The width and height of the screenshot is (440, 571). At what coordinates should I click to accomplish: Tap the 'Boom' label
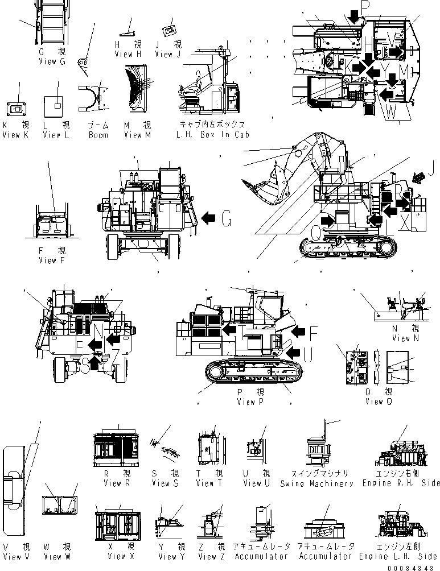pos(98,135)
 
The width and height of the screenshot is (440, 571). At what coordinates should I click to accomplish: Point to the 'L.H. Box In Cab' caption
pos(213,135)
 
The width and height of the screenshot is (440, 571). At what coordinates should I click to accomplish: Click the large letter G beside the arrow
pos(227,217)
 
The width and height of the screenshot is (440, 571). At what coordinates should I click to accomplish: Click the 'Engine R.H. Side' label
pos(401,483)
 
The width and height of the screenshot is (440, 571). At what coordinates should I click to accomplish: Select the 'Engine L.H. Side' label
pos(401,556)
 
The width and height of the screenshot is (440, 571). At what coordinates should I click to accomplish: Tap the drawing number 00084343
pos(413,566)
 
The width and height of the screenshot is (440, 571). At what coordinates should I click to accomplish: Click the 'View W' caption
pos(57,556)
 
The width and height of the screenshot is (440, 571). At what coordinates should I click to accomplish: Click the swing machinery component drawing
pos(316,452)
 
